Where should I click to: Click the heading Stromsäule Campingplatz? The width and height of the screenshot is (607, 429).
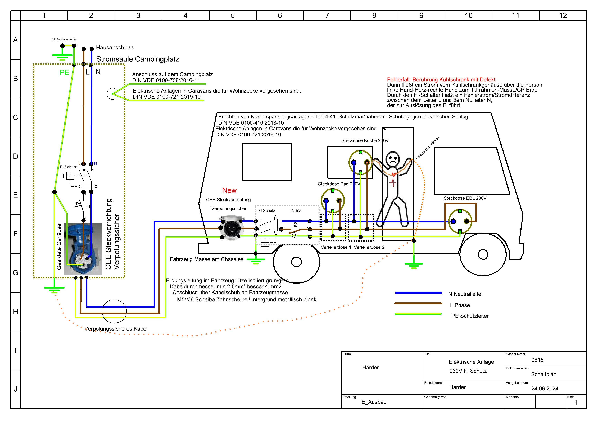137,59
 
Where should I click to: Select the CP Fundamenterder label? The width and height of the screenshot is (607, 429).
64,40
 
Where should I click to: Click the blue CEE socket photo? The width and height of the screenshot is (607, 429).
83,249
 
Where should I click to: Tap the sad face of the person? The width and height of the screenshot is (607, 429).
392,159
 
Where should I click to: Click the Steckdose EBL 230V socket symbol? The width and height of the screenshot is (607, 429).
460,221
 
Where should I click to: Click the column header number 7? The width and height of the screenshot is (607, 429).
327,16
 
